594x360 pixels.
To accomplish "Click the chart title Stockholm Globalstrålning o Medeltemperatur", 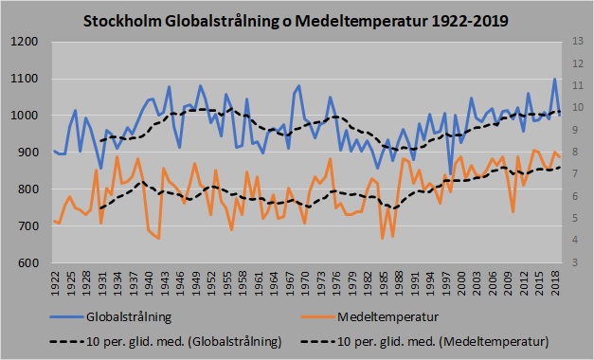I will pos(297,19).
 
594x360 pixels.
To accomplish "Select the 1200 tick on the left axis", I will pos(26,42).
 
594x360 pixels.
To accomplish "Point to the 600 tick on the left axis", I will pos(28,263).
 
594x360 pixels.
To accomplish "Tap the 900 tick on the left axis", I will pos(28,153).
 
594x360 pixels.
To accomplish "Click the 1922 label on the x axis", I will pos(56,281).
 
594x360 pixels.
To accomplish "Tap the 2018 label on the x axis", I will pos(556,281).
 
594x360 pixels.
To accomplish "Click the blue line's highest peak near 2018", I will pos(555,79).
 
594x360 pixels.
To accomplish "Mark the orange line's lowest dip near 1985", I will pos(383,238).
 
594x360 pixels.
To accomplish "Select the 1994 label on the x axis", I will pos(431,281).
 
